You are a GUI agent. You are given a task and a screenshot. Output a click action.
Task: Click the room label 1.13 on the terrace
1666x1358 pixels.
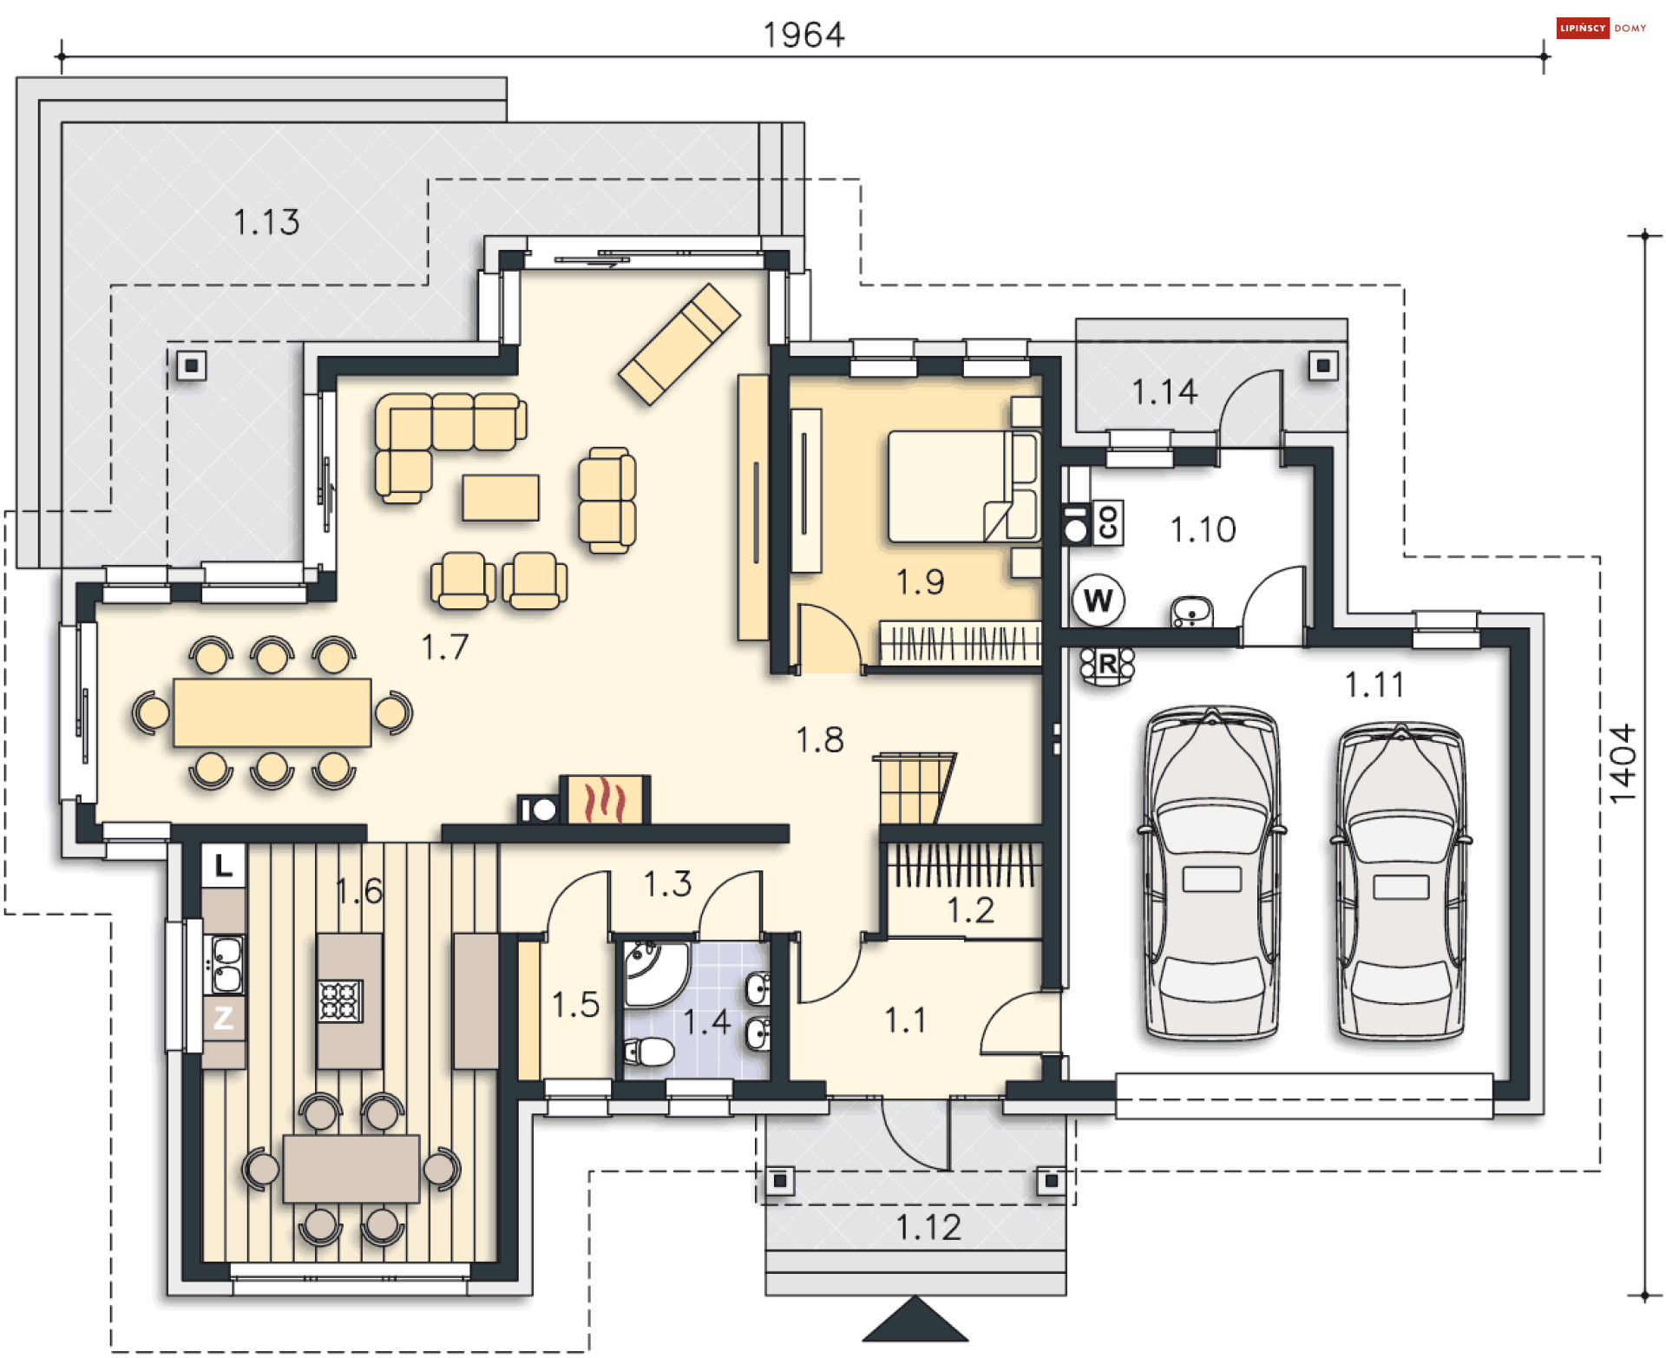266,222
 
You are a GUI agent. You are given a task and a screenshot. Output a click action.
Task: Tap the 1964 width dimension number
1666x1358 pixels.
803,36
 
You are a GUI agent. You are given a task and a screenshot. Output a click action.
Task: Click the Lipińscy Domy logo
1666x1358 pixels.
1601,28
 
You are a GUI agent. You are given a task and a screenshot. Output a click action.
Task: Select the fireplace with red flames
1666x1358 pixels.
605,799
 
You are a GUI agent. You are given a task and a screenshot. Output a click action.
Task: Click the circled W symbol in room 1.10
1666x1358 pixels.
1098,600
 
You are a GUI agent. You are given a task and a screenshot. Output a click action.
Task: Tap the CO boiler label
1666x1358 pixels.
1107,522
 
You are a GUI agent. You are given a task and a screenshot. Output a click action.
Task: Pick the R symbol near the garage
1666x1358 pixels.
1106,666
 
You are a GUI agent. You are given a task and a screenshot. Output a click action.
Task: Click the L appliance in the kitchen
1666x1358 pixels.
224,865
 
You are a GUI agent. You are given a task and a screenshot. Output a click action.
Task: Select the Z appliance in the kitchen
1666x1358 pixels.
224,1017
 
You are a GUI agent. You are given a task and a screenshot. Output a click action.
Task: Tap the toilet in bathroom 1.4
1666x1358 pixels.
649,1053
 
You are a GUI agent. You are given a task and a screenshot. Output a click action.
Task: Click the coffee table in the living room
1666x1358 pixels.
501,497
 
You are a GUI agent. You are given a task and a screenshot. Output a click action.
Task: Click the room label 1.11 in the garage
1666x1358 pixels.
1374,686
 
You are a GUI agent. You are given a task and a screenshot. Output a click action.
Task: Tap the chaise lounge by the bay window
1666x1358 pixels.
679,344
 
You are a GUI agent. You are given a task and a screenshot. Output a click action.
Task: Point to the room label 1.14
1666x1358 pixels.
1164,392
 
